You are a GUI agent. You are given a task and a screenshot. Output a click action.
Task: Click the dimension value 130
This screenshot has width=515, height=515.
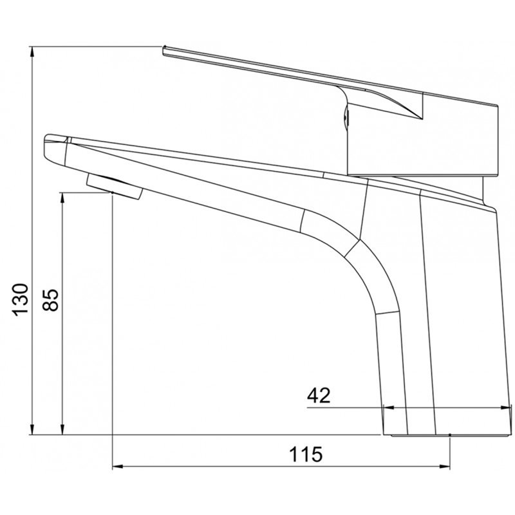(x=21, y=299)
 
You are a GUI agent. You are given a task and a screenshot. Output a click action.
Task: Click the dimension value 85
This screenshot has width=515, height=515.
(x=50, y=299)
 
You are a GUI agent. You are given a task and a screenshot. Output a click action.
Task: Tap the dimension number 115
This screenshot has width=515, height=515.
(x=306, y=454)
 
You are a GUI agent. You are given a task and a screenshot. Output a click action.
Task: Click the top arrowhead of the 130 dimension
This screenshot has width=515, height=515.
(x=32, y=52)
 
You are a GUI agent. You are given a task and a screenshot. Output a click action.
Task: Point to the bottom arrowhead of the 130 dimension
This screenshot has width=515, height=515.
(x=32, y=429)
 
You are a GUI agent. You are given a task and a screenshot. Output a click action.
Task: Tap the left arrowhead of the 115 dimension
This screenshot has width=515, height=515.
(x=118, y=465)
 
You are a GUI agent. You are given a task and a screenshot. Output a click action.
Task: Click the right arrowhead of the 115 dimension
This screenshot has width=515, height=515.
(x=444, y=465)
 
